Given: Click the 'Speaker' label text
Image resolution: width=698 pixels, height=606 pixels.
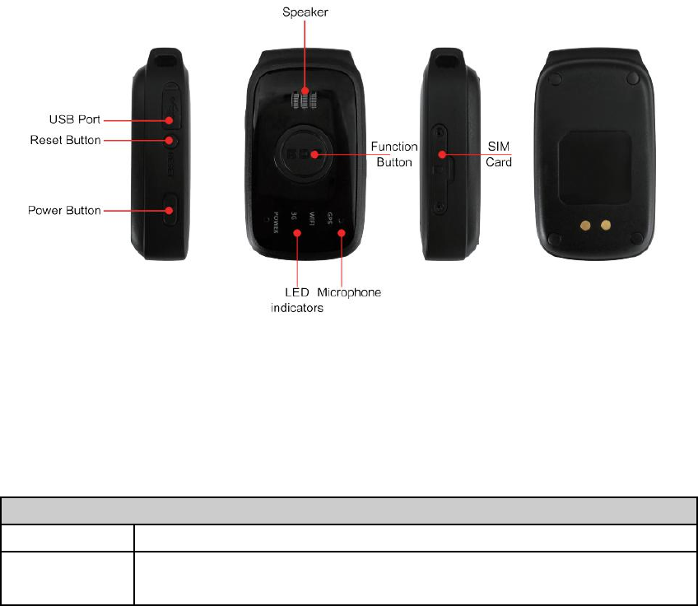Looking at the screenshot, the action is click(x=305, y=12).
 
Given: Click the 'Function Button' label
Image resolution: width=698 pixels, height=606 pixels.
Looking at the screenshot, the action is click(x=396, y=154).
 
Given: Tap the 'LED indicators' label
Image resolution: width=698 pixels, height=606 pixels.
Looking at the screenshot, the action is click(x=296, y=301).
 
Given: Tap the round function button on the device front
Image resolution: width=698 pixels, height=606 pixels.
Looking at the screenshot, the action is click(x=304, y=153).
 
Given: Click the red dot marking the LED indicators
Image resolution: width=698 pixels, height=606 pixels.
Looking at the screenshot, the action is click(x=296, y=233).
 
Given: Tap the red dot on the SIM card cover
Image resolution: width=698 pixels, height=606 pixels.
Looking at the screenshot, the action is click(x=441, y=154).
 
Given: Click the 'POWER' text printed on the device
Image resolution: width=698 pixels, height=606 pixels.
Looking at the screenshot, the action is click(x=276, y=222).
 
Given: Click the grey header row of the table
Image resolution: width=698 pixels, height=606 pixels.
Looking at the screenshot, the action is click(x=349, y=510).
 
